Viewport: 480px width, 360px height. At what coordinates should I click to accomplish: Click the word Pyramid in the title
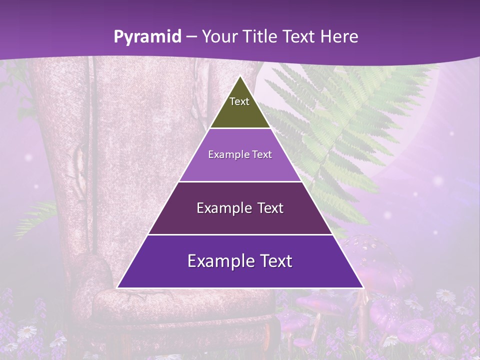[x=147, y=37]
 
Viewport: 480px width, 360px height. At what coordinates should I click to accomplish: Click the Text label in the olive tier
[x=239, y=102]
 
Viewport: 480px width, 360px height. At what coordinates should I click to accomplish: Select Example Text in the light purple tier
[x=240, y=155]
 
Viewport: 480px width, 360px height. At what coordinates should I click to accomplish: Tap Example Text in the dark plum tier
[x=240, y=208]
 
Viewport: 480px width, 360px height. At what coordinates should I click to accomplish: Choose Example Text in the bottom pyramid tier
[x=240, y=261]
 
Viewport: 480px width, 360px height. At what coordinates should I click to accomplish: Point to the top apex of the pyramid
[x=240, y=76]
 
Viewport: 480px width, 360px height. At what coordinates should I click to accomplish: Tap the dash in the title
[x=191, y=37]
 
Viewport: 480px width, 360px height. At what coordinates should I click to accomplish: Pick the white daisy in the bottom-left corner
[x=27, y=331]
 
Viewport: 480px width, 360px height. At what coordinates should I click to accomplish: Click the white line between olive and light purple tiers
[x=240, y=128]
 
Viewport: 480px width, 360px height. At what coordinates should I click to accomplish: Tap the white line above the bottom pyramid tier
[x=240, y=234]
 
